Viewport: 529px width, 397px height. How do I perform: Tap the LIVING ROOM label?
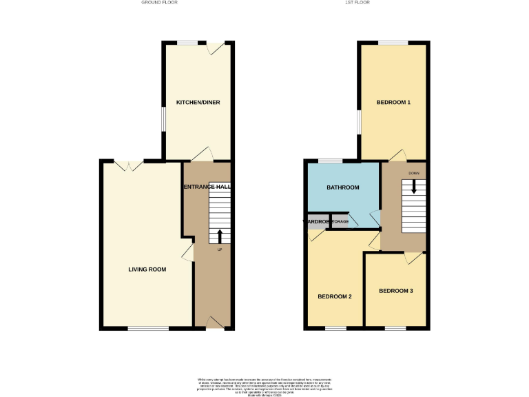147,269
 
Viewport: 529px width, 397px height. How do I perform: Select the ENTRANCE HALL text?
207,187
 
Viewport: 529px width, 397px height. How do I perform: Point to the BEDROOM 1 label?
393,102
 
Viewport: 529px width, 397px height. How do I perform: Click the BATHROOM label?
343,187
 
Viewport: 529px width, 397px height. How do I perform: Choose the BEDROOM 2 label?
335,296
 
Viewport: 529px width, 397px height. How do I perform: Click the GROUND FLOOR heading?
159,3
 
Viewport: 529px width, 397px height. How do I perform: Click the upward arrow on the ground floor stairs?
220,236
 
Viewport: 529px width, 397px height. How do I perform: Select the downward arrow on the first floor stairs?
414,186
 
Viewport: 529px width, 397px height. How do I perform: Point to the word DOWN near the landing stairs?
413,173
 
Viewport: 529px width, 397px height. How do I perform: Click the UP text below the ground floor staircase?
220,249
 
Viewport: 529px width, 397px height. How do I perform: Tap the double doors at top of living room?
129,165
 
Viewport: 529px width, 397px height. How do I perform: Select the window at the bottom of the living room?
147,328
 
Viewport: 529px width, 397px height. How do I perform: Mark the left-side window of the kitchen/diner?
163,118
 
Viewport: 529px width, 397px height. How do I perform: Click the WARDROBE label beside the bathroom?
313,221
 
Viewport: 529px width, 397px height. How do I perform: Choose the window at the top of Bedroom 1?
393,43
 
